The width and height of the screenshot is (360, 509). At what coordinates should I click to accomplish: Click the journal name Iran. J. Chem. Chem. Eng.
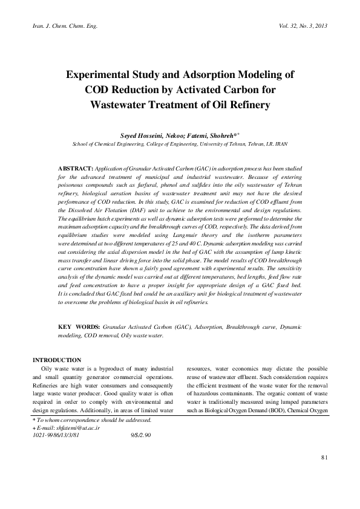pyautogui.click(x=59, y=27)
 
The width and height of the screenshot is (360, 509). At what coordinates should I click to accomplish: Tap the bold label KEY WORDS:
pyautogui.click(x=79, y=326)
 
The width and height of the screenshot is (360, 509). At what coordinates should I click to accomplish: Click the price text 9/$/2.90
pyautogui.click(x=140, y=435)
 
